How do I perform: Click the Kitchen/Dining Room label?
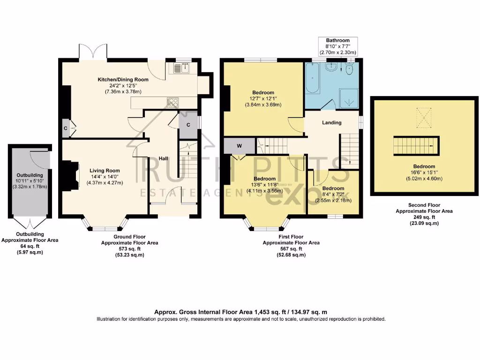(123, 80)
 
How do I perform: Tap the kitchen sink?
(181, 68)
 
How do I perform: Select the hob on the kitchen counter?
(172, 102)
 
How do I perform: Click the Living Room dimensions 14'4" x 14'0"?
(105, 177)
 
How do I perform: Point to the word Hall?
(163, 158)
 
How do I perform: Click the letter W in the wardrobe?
(240, 146)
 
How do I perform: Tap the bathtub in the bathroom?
(312, 78)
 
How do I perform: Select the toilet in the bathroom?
(349, 69)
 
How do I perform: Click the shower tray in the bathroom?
(348, 98)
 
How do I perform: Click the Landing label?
(331, 123)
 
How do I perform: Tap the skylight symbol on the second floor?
(424, 118)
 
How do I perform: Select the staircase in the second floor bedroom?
(416, 146)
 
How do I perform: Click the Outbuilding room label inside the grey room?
(30, 175)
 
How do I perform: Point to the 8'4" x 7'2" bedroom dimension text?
(333, 195)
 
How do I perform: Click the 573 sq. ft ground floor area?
(129, 249)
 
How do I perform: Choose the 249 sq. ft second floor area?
(424, 217)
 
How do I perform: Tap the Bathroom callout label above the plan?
(337, 40)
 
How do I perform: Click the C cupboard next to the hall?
(188, 125)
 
